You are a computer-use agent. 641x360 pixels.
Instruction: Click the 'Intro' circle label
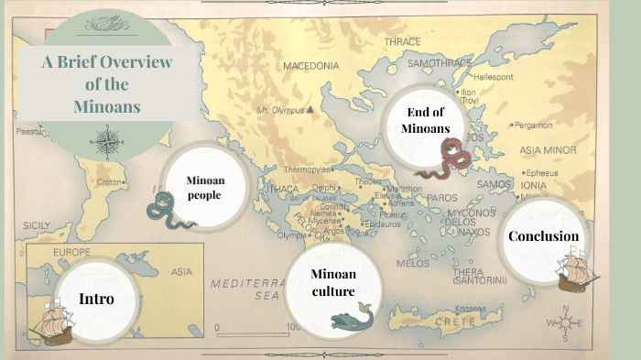pos(95,299)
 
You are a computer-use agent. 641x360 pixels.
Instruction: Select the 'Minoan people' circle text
pos(205,187)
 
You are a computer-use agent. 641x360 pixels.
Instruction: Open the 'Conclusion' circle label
pos(543,236)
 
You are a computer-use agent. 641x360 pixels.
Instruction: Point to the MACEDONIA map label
pos(310,66)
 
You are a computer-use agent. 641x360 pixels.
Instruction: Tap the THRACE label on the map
pos(402,42)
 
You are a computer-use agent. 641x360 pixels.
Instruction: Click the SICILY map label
pos(37,224)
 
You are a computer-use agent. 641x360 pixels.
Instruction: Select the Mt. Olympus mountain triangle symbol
pos(310,110)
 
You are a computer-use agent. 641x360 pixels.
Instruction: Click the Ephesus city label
pos(542,172)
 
